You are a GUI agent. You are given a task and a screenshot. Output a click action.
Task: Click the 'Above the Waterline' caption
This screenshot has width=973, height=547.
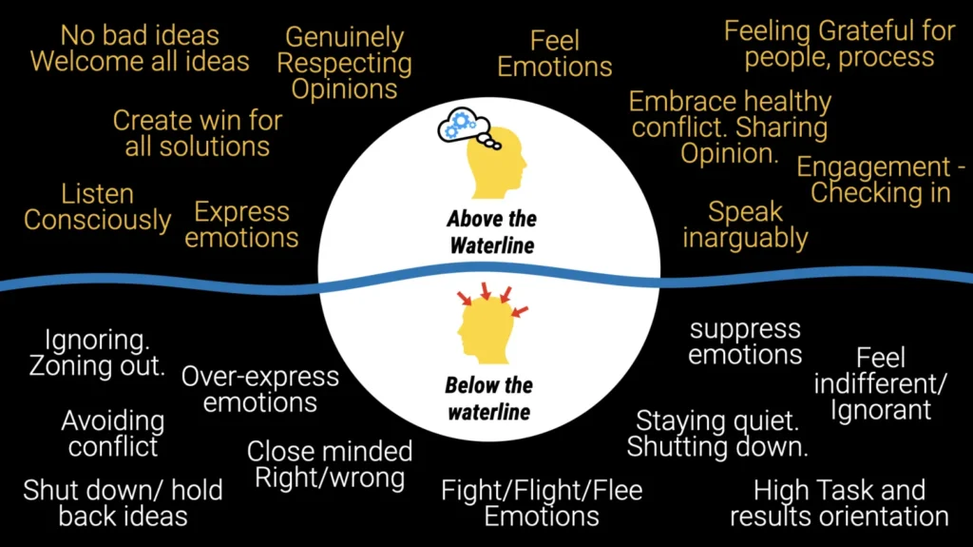492,232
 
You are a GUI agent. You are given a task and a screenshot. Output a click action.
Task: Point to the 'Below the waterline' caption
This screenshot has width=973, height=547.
489,399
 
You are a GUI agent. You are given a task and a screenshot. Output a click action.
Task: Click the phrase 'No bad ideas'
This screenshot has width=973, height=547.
140,35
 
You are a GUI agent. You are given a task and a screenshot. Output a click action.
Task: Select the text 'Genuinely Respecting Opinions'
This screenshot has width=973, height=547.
344,63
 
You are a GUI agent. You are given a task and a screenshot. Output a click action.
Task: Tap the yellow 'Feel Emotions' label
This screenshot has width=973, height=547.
555,54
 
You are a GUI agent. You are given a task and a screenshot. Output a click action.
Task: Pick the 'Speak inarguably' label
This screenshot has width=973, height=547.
745,225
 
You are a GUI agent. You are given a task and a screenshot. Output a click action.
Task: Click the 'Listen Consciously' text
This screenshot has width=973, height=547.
98,207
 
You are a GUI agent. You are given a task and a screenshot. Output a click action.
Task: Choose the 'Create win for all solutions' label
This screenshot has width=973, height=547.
198,133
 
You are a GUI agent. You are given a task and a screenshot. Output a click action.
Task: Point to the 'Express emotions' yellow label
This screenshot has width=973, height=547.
241,225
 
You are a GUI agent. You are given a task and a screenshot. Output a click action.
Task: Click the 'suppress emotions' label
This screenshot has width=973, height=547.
745,342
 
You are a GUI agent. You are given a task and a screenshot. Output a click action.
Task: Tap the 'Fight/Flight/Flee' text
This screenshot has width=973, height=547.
542,491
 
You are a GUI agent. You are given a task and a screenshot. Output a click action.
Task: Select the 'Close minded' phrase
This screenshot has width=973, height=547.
330,451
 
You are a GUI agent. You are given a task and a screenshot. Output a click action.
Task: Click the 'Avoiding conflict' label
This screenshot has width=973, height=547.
113,434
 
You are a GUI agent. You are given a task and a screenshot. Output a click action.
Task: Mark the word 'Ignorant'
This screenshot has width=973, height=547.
881,410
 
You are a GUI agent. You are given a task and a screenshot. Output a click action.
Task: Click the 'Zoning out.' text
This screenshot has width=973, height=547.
98,365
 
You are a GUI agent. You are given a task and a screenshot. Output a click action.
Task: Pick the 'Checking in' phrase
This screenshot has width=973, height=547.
881,193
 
